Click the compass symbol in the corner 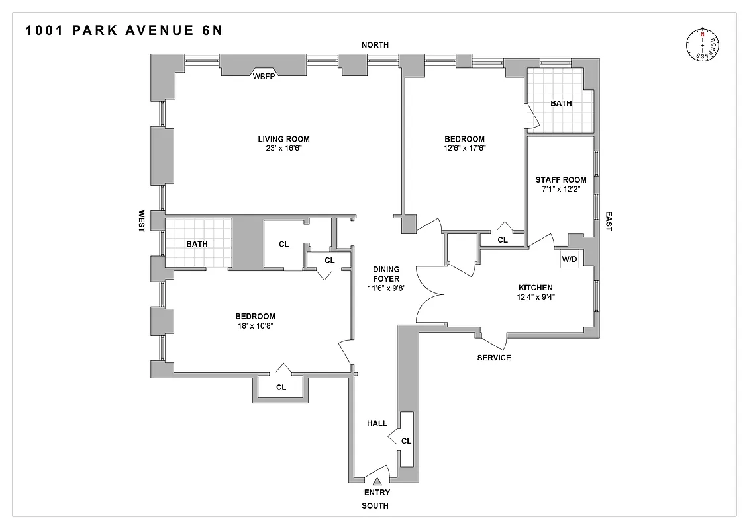703,45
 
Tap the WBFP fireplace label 264,76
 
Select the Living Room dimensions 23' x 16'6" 283,148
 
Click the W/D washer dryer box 570,259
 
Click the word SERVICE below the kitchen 494,358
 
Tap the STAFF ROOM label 561,179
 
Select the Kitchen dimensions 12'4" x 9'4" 535,297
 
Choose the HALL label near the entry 377,423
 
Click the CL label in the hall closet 406,440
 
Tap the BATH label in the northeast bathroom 561,103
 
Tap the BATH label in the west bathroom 197,244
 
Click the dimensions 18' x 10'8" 255,325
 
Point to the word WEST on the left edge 141,221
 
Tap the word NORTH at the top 375,44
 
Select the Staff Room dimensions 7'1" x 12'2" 561,189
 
